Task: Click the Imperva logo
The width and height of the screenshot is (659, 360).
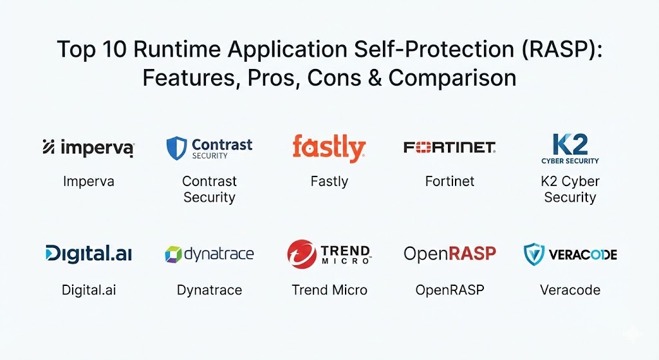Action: [88, 147]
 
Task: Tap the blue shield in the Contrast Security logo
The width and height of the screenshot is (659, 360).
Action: [176, 148]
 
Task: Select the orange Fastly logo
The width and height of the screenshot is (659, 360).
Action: [329, 148]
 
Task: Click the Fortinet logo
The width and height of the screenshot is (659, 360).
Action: [449, 147]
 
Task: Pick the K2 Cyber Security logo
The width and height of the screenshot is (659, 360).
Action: [570, 149]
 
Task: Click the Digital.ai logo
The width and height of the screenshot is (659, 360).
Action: [89, 254]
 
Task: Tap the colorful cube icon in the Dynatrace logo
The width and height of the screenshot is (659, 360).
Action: [173, 254]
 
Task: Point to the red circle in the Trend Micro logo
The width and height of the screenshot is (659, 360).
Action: [302, 254]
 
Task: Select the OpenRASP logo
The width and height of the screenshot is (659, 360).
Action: [450, 254]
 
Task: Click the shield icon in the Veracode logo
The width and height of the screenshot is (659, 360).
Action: [534, 254]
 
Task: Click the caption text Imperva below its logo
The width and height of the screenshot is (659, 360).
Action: [89, 182]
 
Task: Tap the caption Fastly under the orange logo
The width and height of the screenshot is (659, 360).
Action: [329, 182]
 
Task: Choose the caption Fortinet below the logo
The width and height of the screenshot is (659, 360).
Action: [450, 181]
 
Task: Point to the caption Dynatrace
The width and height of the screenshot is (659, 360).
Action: [209, 290]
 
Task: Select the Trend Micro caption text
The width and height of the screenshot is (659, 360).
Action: [329, 290]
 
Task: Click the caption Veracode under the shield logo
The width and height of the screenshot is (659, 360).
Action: [570, 290]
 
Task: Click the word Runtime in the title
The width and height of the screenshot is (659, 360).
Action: [177, 49]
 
